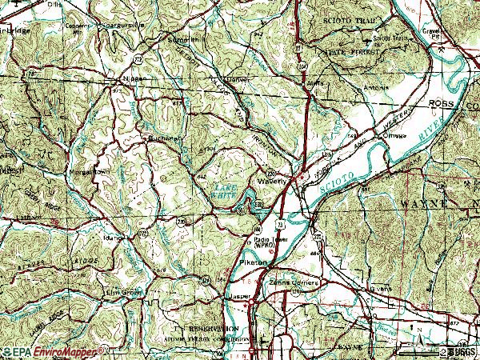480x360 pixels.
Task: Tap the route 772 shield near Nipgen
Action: (x=137, y=60)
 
